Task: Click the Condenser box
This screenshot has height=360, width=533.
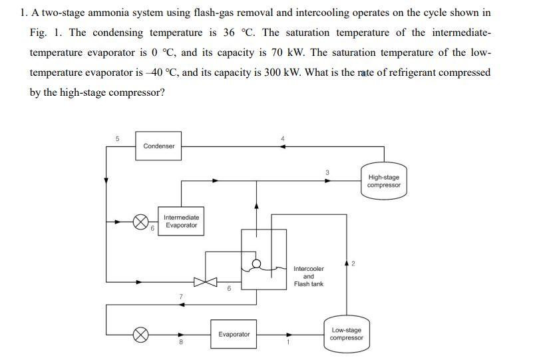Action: (x=158, y=146)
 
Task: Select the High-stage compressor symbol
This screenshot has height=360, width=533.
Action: (x=384, y=181)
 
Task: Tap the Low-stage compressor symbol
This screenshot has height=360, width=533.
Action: (x=347, y=333)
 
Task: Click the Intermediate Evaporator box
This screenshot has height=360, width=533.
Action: (x=181, y=221)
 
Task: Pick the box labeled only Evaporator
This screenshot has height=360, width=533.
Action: (x=234, y=334)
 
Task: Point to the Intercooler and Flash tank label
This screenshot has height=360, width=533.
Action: (x=309, y=277)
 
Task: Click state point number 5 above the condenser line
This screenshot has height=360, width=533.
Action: (x=118, y=138)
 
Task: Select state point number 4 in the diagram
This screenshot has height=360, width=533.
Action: (x=283, y=138)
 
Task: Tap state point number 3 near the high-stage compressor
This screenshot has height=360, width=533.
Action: (x=327, y=173)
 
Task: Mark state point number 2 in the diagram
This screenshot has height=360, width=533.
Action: (x=353, y=264)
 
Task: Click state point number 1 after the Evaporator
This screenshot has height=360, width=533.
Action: (x=288, y=343)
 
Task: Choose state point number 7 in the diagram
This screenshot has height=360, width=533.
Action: (x=180, y=296)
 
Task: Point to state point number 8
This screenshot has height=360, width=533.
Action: (x=180, y=343)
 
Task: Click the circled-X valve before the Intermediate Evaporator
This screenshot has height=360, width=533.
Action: (x=141, y=222)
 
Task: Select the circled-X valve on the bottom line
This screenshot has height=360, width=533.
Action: (x=141, y=335)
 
